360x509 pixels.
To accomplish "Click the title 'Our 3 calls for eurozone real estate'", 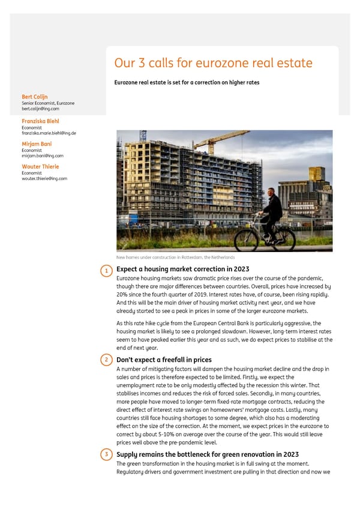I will (213, 63).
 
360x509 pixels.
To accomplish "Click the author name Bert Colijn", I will (35, 97).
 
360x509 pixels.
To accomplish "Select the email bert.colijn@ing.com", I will (40, 109).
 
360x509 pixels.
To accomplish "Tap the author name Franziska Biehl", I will (40, 121).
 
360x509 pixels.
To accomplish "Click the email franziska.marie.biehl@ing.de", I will (49, 133).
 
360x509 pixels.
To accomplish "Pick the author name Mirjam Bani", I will (37, 144).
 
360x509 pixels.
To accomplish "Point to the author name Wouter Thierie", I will (40, 166).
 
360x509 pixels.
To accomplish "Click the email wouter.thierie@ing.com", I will (44, 178).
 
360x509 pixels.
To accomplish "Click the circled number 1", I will (106, 271).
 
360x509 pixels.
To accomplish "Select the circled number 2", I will (106, 360).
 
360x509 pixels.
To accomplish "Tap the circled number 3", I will (106, 455).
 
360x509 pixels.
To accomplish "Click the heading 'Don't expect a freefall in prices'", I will (164, 360).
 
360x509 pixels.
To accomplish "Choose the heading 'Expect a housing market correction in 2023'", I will (182, 269).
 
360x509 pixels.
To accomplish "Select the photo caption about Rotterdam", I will (175, 257).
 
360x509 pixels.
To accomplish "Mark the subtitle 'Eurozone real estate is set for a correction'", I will (187, 82).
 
